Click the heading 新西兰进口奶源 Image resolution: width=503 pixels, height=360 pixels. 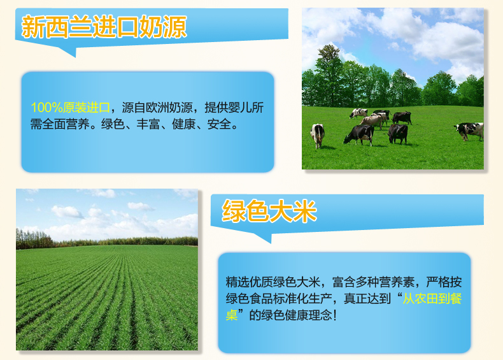pos(104,27)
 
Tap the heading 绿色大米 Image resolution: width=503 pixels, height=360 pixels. pos(269,211)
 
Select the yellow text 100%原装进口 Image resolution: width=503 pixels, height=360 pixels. pos(71,108)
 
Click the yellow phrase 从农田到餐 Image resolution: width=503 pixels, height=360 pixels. pos(432,299)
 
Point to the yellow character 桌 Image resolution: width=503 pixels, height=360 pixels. pos(232,315)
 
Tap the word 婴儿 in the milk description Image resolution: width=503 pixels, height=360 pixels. pos(240,108)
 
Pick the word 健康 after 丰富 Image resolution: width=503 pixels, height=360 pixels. pos(184,124)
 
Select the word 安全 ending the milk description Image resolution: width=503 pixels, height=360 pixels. pos(219,124)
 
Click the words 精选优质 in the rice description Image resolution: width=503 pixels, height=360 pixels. pos(249,282)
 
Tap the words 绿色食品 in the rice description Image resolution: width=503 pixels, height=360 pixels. pos(249,299)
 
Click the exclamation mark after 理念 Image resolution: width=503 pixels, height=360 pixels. pos(335,315)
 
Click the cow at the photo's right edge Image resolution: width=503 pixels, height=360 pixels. pos(469,131)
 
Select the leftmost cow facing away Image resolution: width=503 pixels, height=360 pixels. pos(317,136)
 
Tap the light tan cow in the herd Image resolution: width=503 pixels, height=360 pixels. pos(371,122)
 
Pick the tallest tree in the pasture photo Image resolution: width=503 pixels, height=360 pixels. pos(329,75)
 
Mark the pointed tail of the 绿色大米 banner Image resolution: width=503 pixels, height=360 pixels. pos(271,243)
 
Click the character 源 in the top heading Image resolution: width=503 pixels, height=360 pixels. pos(175,27)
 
